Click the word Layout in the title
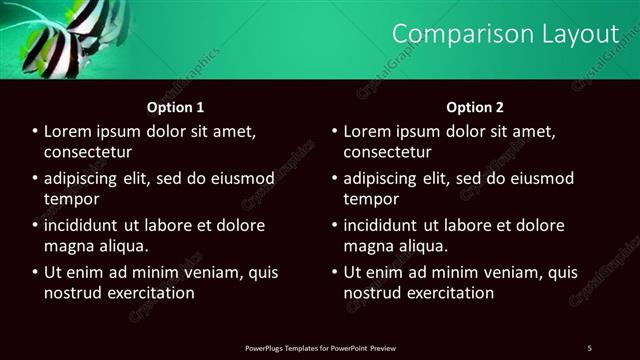pos(576,34)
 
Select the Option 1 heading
pos(175,107)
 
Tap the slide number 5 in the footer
pos(589,347)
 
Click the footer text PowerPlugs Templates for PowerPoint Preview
pos(320,347)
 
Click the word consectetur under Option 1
pos(88,152)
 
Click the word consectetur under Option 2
pos(388,152)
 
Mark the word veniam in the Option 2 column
pos(501,272)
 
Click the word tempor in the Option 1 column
pos(68,199)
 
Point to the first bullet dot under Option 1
pos(35,132)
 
